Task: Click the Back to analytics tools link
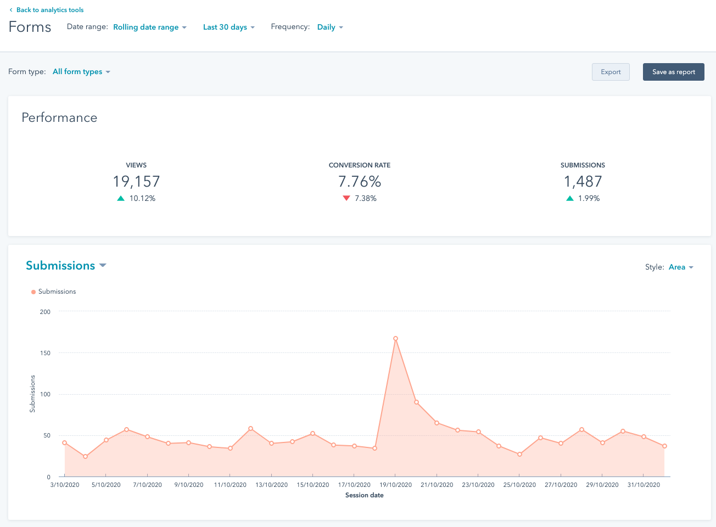click(47, 10)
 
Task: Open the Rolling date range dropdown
click(149, 27)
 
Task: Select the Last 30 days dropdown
click(229, 27)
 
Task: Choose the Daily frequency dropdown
click(330, 27)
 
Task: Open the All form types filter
click(81, 71)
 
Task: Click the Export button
click(611, 72)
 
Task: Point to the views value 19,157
click(136, 182)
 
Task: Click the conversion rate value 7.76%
click(360, 182)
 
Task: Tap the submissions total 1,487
click(583, 182)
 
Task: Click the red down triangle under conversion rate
click(346, 198)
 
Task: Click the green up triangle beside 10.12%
click(121, 199)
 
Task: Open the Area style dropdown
click(681, 267)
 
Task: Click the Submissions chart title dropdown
click(66, 266)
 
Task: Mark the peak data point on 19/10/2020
click(395, 339)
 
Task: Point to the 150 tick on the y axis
click(45, 353)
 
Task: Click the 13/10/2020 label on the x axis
click(271, 485)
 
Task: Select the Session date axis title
click(365, 495)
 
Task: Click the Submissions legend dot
click(33, 292)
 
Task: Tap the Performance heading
click(59, 117)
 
